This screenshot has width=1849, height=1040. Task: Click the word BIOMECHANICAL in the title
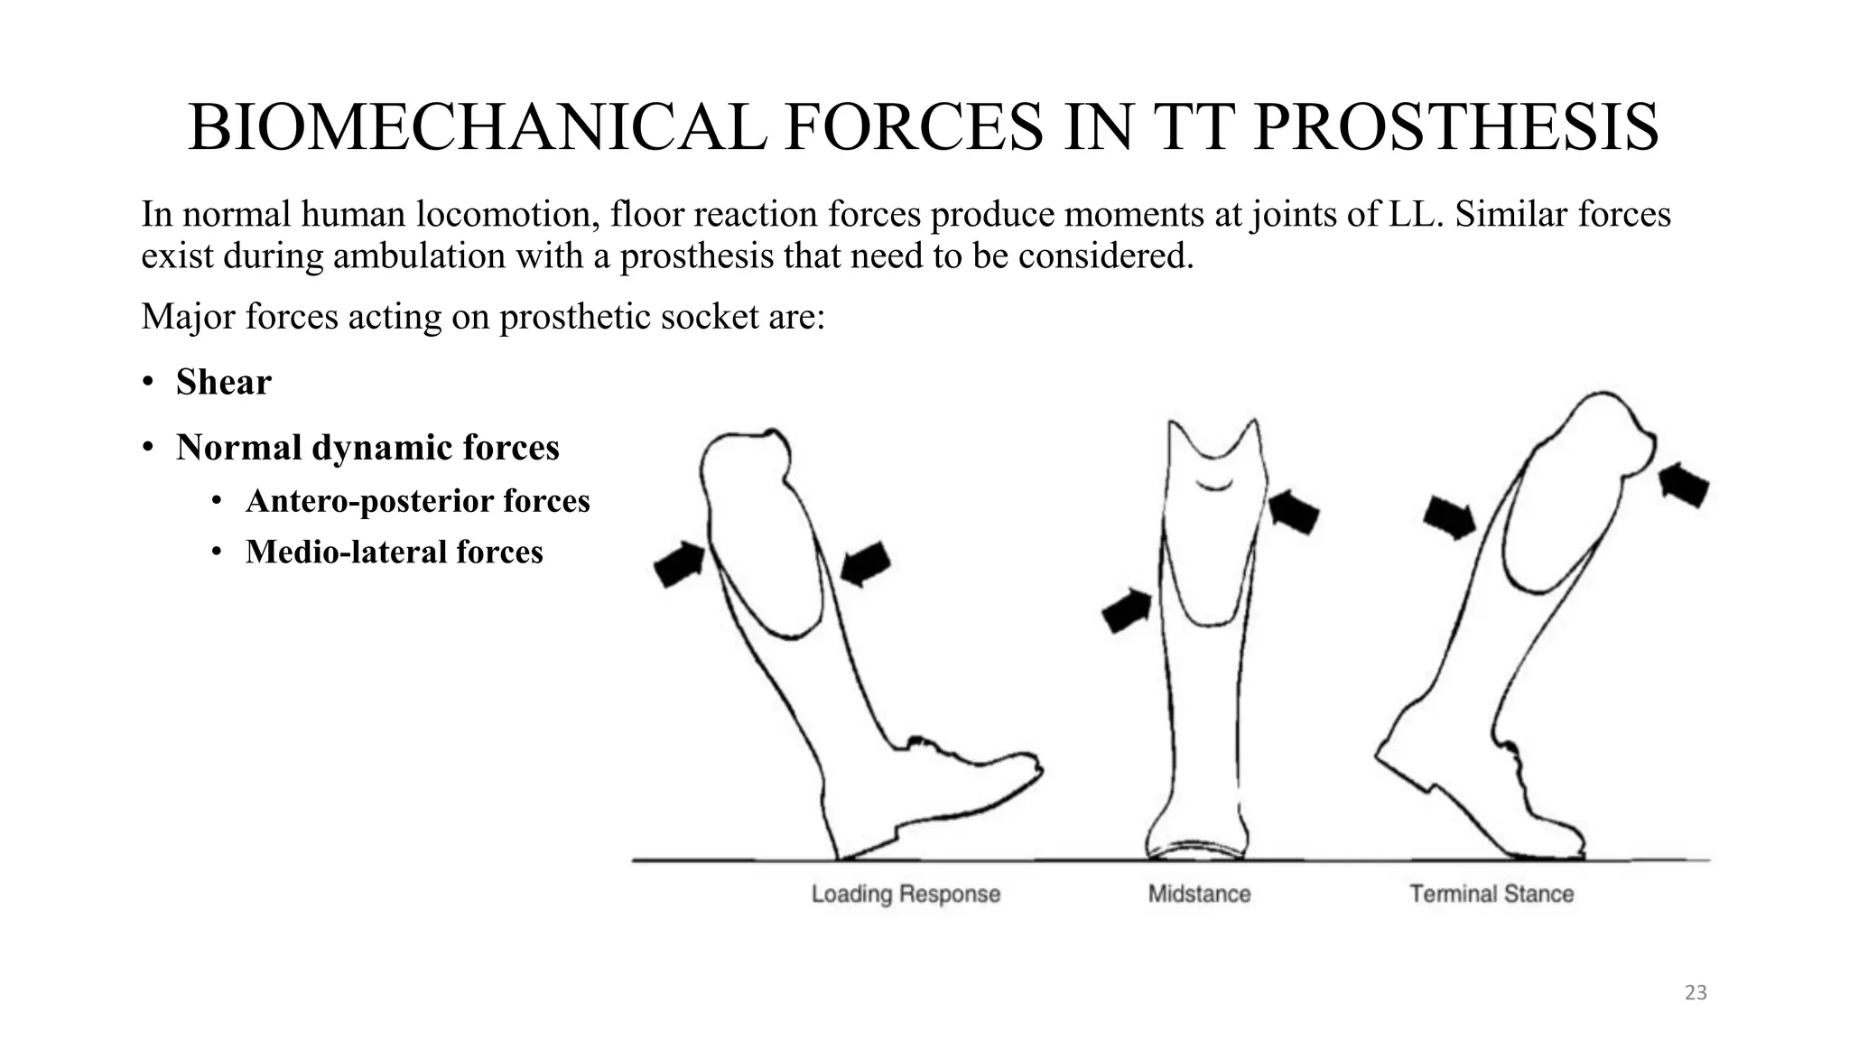477,128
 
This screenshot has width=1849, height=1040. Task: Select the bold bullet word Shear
223,382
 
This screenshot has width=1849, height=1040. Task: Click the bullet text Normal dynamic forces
367,448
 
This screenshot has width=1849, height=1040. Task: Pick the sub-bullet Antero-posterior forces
417,501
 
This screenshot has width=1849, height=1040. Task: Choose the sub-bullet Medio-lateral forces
394,552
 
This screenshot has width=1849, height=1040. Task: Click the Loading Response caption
906,894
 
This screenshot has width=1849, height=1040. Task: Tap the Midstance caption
1199,894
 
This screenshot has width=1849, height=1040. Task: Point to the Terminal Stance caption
1491,894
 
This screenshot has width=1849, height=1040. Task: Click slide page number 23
1696,993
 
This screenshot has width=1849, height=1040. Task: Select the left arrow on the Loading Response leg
680,564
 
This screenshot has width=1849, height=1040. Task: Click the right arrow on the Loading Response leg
865,563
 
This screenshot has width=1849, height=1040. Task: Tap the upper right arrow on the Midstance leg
1294,512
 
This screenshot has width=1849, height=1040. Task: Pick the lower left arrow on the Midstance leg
1127,611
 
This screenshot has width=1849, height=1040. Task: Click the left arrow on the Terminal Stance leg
1449,517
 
